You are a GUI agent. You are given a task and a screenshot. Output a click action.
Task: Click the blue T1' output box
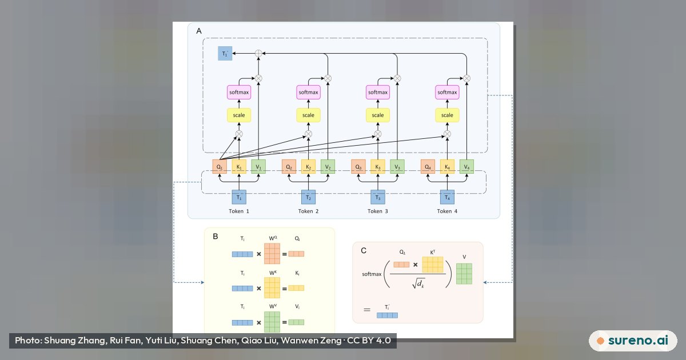pyautogui.click(x=225, y=54)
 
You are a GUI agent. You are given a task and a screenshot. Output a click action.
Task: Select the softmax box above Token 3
pyautogui.click(x=378, y=92)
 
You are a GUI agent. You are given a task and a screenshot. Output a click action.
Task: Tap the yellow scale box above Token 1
pyautogui.click(x=239, y=115)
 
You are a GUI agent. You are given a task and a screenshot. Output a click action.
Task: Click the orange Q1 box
pyautogui.click(x=220, y=166)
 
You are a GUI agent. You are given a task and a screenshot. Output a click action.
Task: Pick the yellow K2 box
pyautogui.click(x=308, y=166)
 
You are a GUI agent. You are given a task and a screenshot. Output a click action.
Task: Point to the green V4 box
pyautogui.click(x=466, y=166)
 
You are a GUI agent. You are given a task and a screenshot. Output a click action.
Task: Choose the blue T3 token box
pyautogui.click(x=378, y=197)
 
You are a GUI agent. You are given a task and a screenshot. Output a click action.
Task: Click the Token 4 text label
pyautogui.click(x=447, y=211)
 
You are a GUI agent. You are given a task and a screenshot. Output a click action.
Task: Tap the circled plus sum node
pyautogui.click(x=258, y=53)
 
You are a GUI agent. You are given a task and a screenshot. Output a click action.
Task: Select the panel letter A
pyautogui.click(x=199, y=31)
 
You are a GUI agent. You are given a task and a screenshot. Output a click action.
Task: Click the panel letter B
pyautogui.click(x=216, y=237)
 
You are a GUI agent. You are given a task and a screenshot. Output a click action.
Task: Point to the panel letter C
pyautogui.click(x=364, y=251)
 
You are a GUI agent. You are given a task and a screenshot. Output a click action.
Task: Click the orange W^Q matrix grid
pyautogui.click(x=272, y=254)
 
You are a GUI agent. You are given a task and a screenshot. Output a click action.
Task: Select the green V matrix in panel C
pyautogui.click(x=464, y=274)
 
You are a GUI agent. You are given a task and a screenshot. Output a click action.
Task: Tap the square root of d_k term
pyautogui.click(x=418, y=283)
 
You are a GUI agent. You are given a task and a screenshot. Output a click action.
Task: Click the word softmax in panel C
pyautogui.click(x=372, y=274)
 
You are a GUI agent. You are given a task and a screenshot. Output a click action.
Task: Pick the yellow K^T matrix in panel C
pyautogui.click(x=432, y=265)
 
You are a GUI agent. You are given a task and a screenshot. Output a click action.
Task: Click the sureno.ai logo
pyautogui.click(x=633, y=341)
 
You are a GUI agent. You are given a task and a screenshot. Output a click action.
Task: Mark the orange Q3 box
pyautogui.click(x=358, y=166)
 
